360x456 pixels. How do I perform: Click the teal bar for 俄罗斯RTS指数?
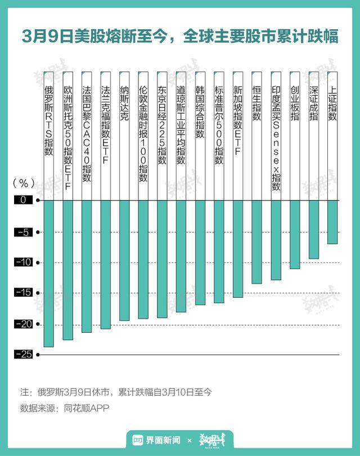48,273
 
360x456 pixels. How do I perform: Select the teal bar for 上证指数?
332,222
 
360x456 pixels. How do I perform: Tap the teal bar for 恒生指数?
256,242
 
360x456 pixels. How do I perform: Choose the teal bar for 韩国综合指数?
200,252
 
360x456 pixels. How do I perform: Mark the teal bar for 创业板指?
295,234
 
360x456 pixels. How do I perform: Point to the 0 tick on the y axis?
24,200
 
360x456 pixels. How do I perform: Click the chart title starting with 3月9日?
180,36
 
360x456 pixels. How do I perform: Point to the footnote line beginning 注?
115,391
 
